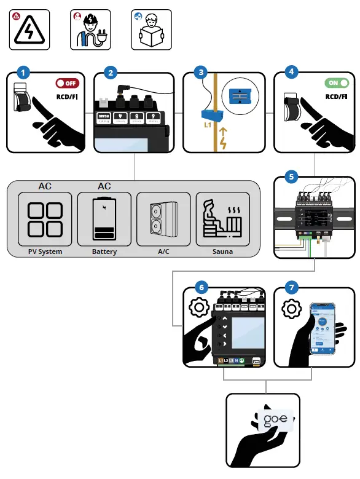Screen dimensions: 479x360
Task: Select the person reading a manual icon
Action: [152, 31]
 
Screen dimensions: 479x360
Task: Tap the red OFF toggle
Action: [67, 83]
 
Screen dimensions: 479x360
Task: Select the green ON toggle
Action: [334, 83]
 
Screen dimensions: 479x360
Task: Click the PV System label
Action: [45, 251]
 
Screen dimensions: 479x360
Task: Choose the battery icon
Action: [104, 219]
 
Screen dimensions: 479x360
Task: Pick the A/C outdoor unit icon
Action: [163, 220]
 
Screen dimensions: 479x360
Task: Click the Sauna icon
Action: [222, 220]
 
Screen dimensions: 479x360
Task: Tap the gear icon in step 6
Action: [198, 307]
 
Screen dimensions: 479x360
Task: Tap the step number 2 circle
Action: [110, 73]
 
